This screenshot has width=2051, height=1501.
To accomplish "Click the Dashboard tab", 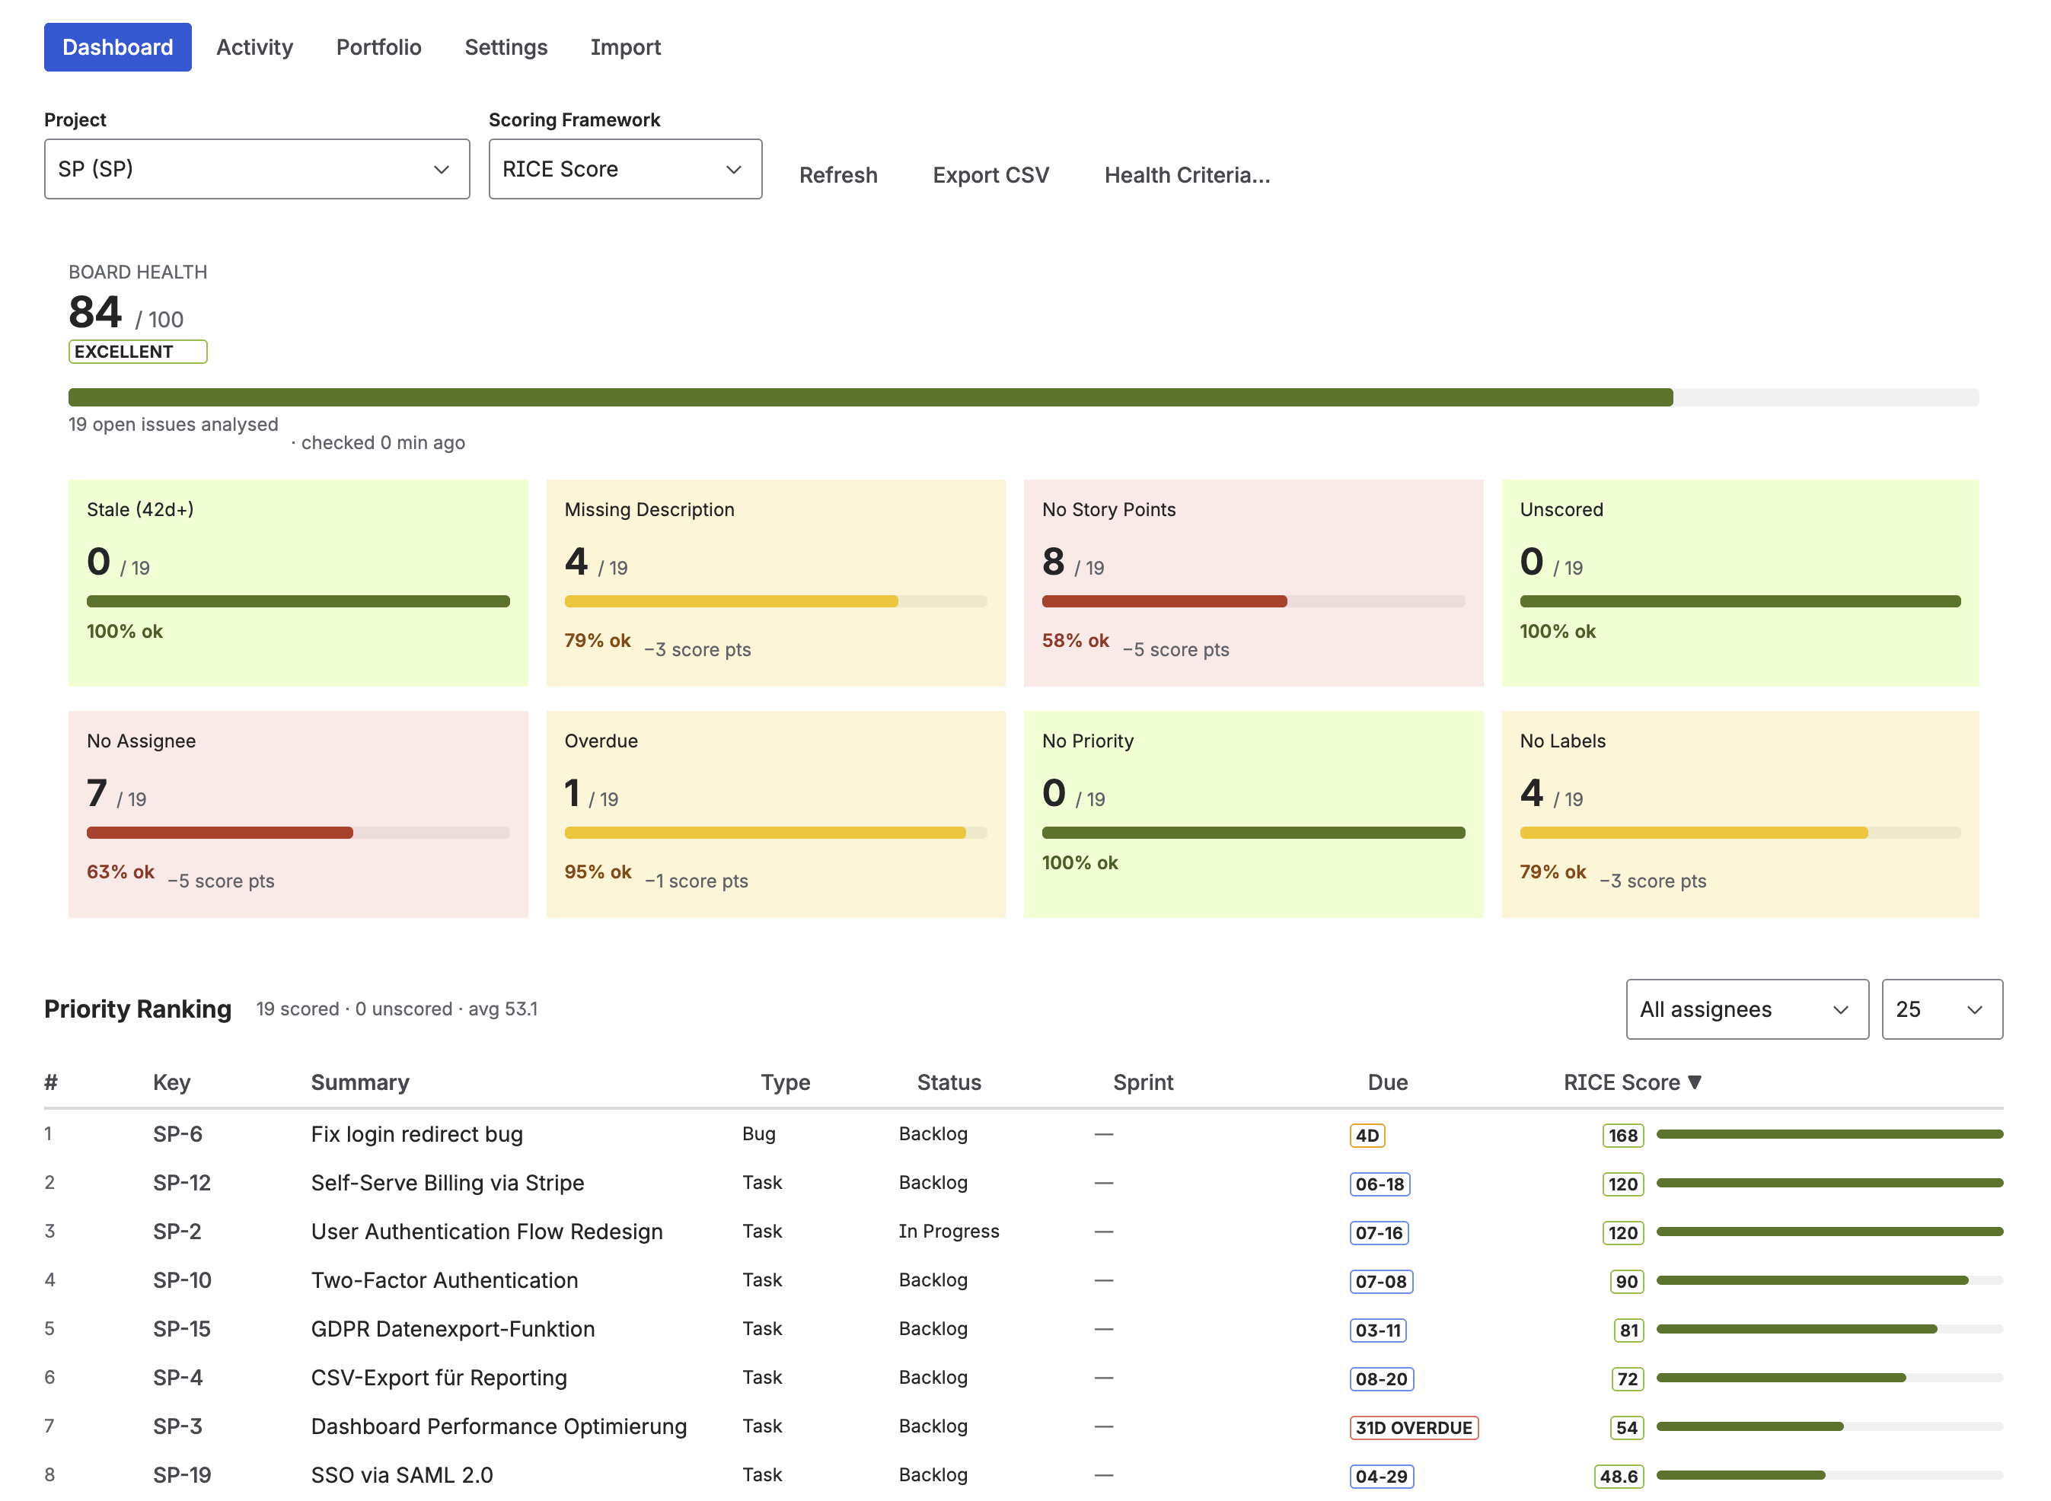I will [x=117, y=47].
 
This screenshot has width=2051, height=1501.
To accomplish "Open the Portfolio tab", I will [x=378, y=47].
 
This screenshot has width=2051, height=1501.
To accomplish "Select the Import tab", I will [x=624, y=47].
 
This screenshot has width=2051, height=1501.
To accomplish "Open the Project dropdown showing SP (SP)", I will [x=257, y=169].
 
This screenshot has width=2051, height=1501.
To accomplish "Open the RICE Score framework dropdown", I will [x=624, y=169].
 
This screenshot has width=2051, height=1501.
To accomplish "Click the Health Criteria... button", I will [x=1186, y=175].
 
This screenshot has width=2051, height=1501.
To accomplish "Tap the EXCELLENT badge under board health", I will [x=137, y=352].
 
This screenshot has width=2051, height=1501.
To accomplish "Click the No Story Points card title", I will [x=1108, y=510].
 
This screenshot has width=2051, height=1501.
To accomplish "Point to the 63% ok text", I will [x=120, y=872].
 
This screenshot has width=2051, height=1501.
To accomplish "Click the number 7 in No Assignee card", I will [x=97, y=793].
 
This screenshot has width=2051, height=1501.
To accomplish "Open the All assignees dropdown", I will [x=1746, y=1009].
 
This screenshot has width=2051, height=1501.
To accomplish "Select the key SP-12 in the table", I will [x=182, y=1182].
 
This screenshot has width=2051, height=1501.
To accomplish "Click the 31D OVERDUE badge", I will [x=1412, y=1426].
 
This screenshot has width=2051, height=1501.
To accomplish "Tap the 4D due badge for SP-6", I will [x=1366, y=1135].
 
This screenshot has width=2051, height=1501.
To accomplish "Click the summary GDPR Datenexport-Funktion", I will [x=452, y=1328].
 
